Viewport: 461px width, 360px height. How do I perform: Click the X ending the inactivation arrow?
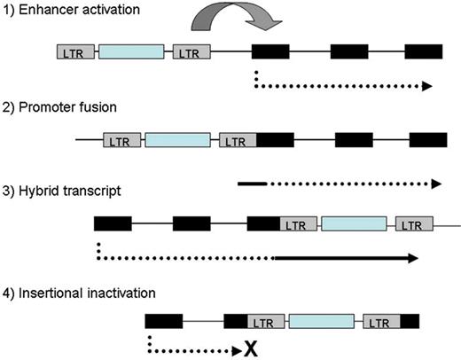point(251,350)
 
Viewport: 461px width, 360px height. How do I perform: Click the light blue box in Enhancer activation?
point(131,52)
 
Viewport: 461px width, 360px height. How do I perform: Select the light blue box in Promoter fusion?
point(177,140)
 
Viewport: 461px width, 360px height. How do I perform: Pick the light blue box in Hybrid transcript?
point(354,224)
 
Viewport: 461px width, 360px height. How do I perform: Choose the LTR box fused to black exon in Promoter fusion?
point(237,140)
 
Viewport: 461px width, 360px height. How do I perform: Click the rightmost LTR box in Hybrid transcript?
point(413,224)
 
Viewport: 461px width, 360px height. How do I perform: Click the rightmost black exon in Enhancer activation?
point(425,52)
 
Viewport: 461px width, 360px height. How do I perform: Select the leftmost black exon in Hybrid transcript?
point(113,224)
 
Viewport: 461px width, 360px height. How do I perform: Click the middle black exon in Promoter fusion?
point(354,140)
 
